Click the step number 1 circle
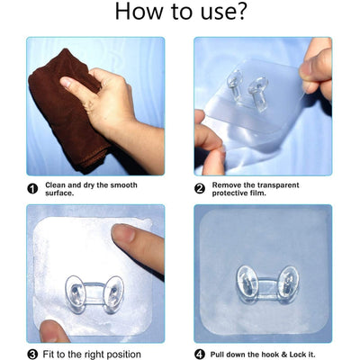(x=32, y=188)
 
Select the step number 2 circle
(x=200, y=188)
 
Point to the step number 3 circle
(x=32, y=354)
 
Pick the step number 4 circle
(x=200, y=354)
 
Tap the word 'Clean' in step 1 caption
(x=56, y=184)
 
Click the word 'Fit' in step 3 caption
(x=51, y=354)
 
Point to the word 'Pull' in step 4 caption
(x=220, y=354)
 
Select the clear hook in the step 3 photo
(x=94, y=292)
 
